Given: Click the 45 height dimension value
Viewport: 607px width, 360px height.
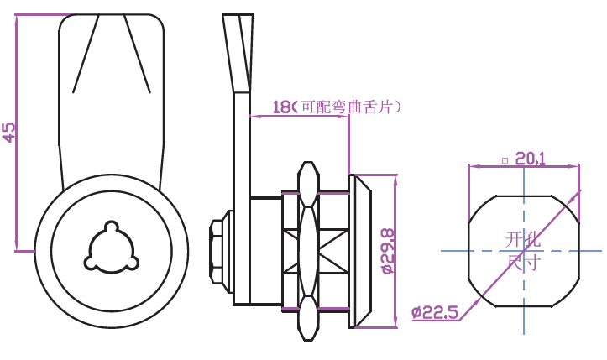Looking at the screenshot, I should coord(9,132).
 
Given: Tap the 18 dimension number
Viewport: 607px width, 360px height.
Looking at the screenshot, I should coord(282,107).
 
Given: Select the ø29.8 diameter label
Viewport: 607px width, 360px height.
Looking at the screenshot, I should coord(388,251).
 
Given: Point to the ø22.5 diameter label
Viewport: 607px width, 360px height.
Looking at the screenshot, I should coord(434,313).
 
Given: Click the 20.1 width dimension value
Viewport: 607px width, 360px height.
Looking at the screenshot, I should coord(531,157).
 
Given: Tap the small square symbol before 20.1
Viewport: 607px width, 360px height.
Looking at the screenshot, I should coord(504,159).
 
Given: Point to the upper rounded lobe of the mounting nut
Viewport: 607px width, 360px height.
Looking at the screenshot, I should coord(308,180).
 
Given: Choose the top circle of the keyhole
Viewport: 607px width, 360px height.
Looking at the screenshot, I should coord(110,227).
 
